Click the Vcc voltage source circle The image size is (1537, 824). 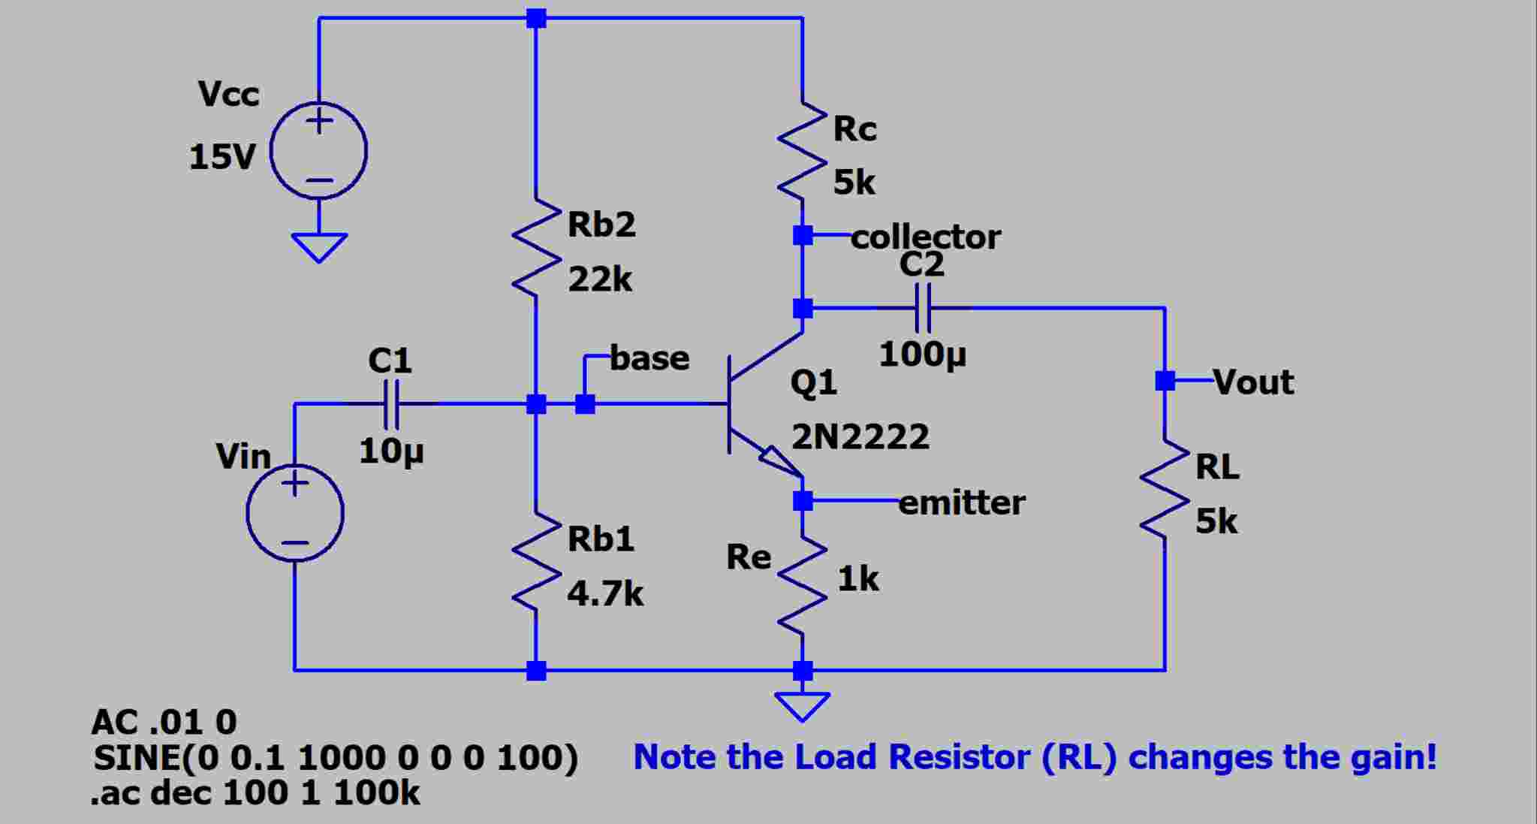[318, 151]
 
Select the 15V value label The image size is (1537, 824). [222, 157]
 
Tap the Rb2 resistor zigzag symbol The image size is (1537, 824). [536, 248]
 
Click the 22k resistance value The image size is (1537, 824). [600, 280]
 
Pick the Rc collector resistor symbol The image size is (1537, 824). [802, 150]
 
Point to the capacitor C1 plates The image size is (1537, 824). [391, 404]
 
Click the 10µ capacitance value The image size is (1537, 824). [391, 451]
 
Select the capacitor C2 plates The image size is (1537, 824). [924, 307]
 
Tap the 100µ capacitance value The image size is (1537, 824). [922, 355]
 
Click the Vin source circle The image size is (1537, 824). [295, 513]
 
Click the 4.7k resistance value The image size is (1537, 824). [605, 594]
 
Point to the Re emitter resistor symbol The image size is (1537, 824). [802, 586]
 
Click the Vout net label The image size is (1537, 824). [1253, 382]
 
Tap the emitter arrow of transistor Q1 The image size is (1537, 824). [778, 460]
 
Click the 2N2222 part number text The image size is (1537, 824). [860, 436]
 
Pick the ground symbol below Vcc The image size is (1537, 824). [319, 247]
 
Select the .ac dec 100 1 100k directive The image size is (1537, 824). [255, 793]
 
